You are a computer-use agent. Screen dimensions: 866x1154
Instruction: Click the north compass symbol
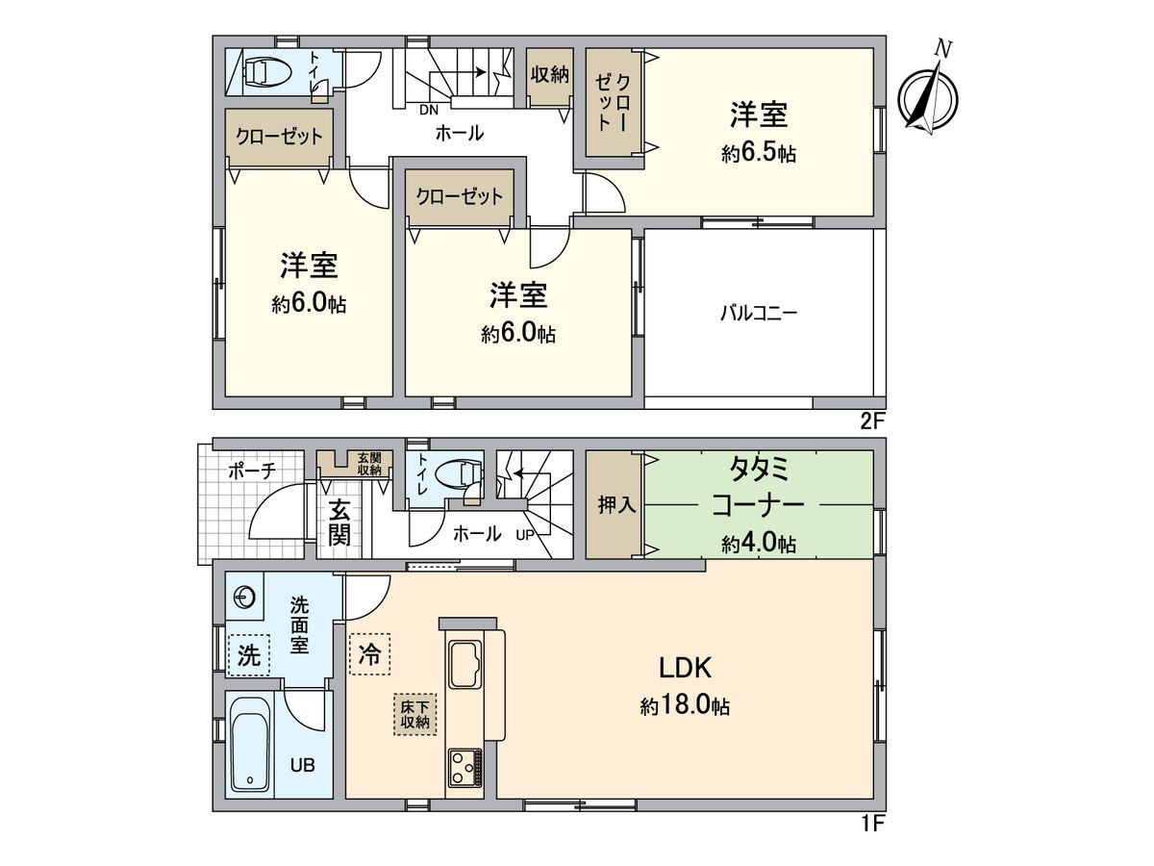pyautogui.click(x=929, y=96)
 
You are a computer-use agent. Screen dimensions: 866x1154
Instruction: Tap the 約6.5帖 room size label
pyautogui.click(x=759, y=154)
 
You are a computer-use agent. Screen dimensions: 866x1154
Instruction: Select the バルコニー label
pyautogui.click(x=760, y=313)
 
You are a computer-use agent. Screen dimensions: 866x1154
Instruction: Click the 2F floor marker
pyautogui.click(x=872, y=420)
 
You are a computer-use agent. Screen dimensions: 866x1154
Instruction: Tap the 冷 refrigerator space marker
pyautogui.click(x=369, y=654)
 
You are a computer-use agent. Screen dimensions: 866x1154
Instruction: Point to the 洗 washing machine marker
pyautogui.click(x=249, y=656)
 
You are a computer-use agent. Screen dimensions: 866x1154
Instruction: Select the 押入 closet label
pyautogui.click(x=615, y=506)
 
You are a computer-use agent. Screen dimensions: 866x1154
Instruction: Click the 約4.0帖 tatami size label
pyautogui.click(x=759, y=544)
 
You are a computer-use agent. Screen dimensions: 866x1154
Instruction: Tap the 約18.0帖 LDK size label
pyautogui.click(x=685, y=706)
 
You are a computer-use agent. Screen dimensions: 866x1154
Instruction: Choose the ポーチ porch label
pyautogui.click(x=252, y=471)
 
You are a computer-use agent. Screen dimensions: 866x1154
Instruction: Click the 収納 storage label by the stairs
pyautogui.click(x=550, y=74)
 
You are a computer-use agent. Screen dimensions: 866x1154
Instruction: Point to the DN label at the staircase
pyautogui.click(x=428, y=109)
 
